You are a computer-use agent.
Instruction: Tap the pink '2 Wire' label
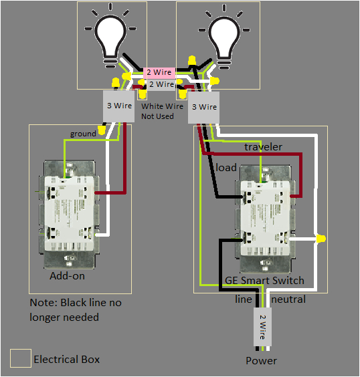(x=160, y=72)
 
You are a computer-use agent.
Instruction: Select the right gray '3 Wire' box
(x=203, y=107)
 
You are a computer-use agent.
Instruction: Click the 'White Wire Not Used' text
(x=161, y=111)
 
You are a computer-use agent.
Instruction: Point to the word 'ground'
(x=83, y=134)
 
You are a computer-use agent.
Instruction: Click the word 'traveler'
(x=263, y=146)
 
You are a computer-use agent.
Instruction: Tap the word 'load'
(x=226, y=167)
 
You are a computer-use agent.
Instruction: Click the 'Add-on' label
(x=67, y=275)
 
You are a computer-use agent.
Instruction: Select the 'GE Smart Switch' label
(x=264, y=281)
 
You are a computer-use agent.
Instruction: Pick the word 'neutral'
(x=288, y=299)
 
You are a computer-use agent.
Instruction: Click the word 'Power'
(x=261, y=361)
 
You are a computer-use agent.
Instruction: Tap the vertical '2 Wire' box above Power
(x=262, y=326)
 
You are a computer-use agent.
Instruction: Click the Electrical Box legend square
(x=20, y=359)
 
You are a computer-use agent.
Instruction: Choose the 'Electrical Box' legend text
(x=66, y=360)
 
